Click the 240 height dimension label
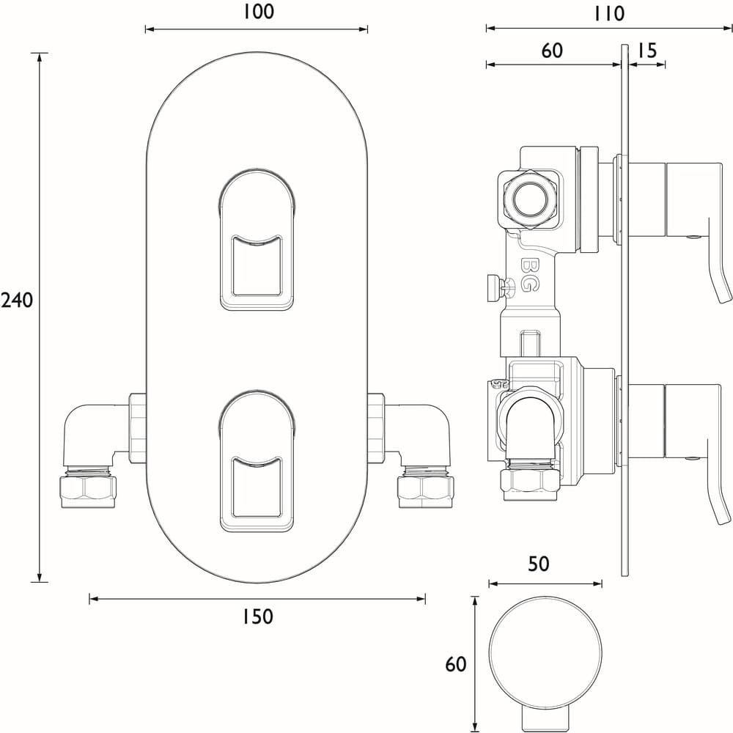[x=17, y=301]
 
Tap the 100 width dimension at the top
[x=256, y=12]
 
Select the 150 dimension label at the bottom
[x=257, y=617]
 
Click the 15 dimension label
[x=646, y=50]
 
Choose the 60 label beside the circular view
[x=455, y=664]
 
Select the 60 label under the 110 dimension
[x=551, y=50]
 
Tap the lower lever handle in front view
[x=257, y=462]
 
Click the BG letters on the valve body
[x=527, y=275]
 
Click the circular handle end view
[x=546, y=652]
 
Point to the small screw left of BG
[x=492, y=287]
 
